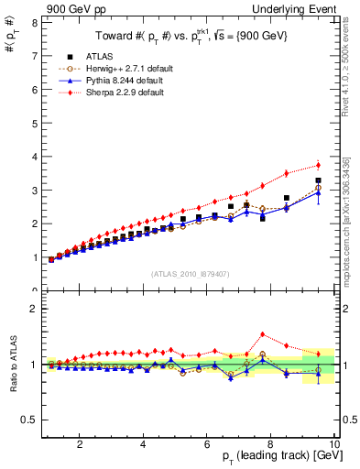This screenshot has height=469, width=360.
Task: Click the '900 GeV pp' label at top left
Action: [x=72, y=8]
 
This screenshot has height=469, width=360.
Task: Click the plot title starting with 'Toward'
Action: [x=190, y=38]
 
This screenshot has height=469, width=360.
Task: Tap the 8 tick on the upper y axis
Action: [x=34, y=22]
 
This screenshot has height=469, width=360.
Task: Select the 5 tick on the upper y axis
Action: [x=34, y=123]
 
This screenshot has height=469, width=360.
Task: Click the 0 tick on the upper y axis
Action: [x=34, y=290]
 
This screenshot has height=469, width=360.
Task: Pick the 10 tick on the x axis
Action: [x=334, y=444]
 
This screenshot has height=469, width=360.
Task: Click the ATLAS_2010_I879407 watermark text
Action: [x=189, y=272]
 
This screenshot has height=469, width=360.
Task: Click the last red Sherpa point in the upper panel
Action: [x=318, y=165]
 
